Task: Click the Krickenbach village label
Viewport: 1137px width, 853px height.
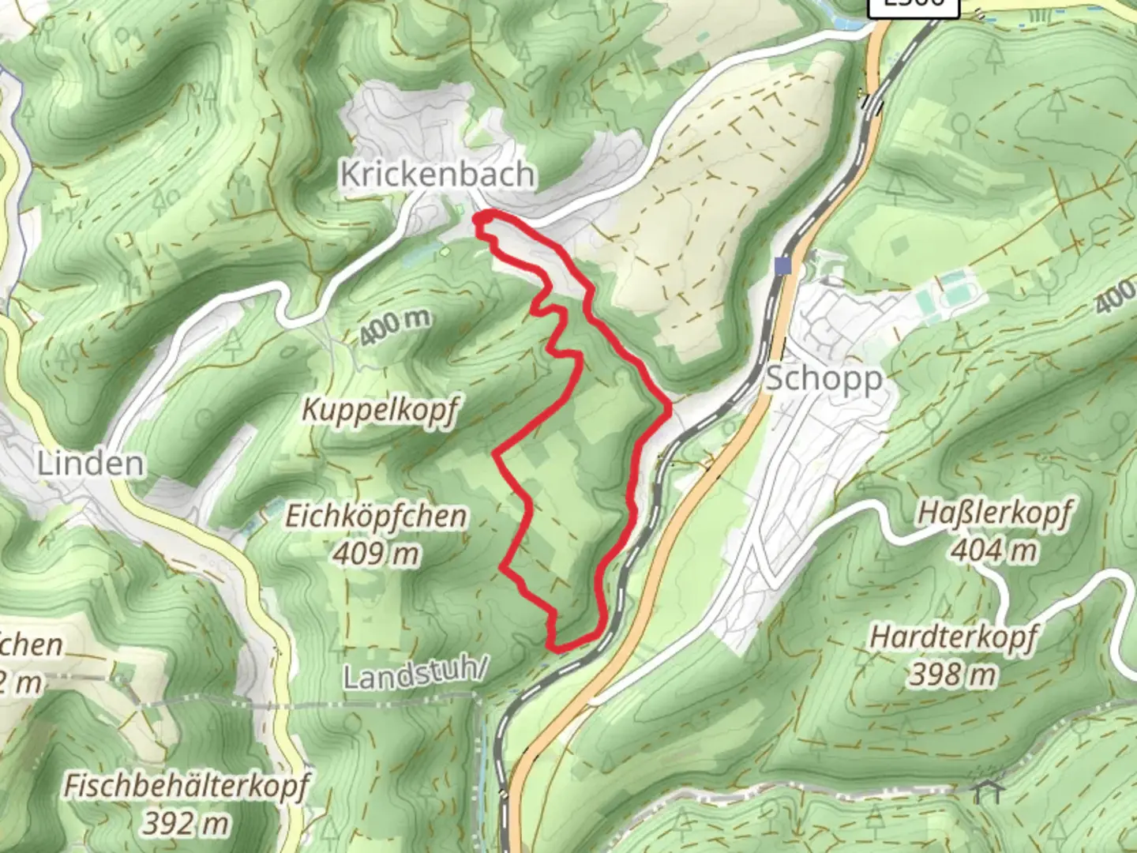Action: click(x=437, y=174)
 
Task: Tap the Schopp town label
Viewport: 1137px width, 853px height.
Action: click(x=824, y=378)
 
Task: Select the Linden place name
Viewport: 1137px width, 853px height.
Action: click(x=91, y=464)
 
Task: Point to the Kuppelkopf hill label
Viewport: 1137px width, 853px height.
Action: click(x=380, y=410)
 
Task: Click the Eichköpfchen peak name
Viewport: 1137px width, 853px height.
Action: click(x=376, y=517)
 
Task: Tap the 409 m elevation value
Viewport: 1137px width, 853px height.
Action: click(x=376, y=554)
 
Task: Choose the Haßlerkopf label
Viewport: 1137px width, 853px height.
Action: click(x=993, y=513)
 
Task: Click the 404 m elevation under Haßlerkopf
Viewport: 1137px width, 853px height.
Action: click(x=993, y=550)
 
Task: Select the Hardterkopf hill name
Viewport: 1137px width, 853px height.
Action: click(x=954, y=637)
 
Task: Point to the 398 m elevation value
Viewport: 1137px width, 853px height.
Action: click(x=954, y=674)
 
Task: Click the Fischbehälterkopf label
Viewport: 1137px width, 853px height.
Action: click(x=186, y=787)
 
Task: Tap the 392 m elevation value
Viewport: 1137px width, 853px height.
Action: click(x=186, y=824)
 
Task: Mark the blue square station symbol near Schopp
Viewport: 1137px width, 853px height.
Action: click(x=782, y=266)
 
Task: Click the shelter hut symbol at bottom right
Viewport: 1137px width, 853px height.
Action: click(x=988, y=791)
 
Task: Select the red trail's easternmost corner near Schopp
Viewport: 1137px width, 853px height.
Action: click(x=670, y=407)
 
